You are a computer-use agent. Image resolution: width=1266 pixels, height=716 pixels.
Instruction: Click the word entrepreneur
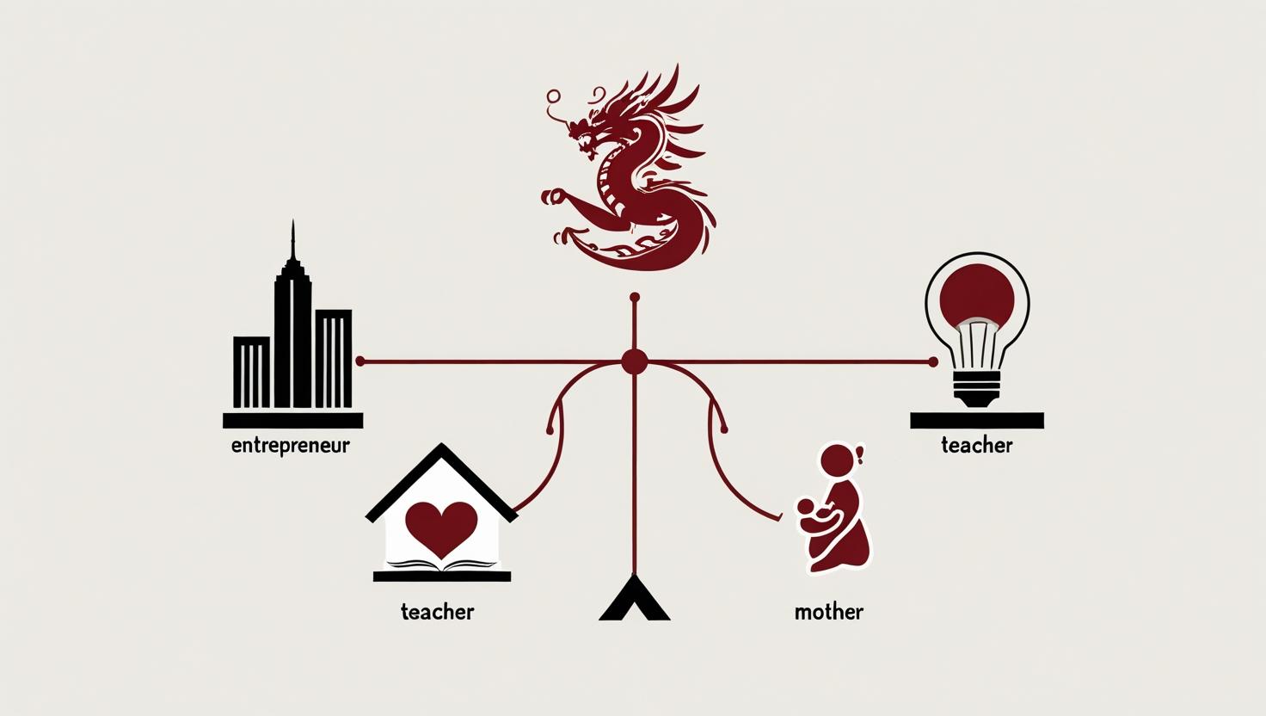click(x=291, y=447)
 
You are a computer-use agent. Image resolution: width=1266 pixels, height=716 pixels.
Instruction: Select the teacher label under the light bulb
click(x=977, y=446)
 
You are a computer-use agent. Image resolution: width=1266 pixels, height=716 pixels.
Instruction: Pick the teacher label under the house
click(x=438, y=611)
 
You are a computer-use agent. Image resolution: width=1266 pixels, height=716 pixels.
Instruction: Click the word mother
click(x=829, y=611)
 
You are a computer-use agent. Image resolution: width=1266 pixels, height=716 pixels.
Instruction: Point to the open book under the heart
click(x=443, y=565)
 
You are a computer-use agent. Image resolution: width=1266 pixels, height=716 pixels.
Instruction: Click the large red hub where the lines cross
click(x=634, y=362)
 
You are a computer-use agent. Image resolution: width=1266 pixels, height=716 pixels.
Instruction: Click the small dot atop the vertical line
click(x=634, y=297)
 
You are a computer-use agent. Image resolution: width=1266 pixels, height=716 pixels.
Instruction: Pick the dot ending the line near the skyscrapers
click(x=360, y=361)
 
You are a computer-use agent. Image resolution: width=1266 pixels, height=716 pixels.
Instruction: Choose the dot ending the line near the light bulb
click(x=933, y=362)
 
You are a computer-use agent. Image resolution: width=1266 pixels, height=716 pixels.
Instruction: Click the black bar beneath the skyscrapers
click(x=292, y=420)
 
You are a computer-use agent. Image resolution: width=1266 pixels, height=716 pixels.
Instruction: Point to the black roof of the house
click(x=441, y=481)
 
